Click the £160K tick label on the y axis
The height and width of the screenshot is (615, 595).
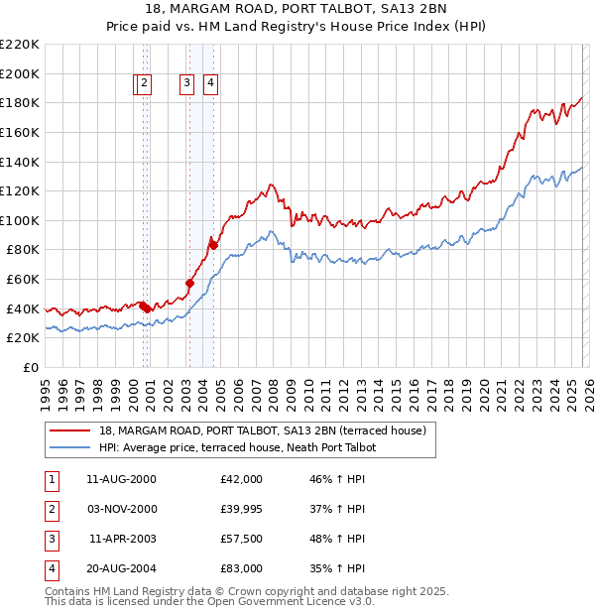[x=20, y=132]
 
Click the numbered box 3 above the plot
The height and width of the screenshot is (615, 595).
[x=186, y=84]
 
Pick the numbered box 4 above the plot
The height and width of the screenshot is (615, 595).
[x=211, y=84]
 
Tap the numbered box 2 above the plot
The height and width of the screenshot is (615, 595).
[x=145, y=84]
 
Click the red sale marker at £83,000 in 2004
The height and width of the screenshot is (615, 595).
[x=212, y=244]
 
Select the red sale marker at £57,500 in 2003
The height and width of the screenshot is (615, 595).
[x=189, y=283]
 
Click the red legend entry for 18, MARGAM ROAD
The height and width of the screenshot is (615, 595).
[x=263, y=430]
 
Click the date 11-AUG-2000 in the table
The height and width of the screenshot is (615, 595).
[x=122, y=479]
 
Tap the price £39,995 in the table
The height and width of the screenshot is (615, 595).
[x=242, y=509]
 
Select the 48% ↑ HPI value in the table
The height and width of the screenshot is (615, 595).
[x=336, y=539]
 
